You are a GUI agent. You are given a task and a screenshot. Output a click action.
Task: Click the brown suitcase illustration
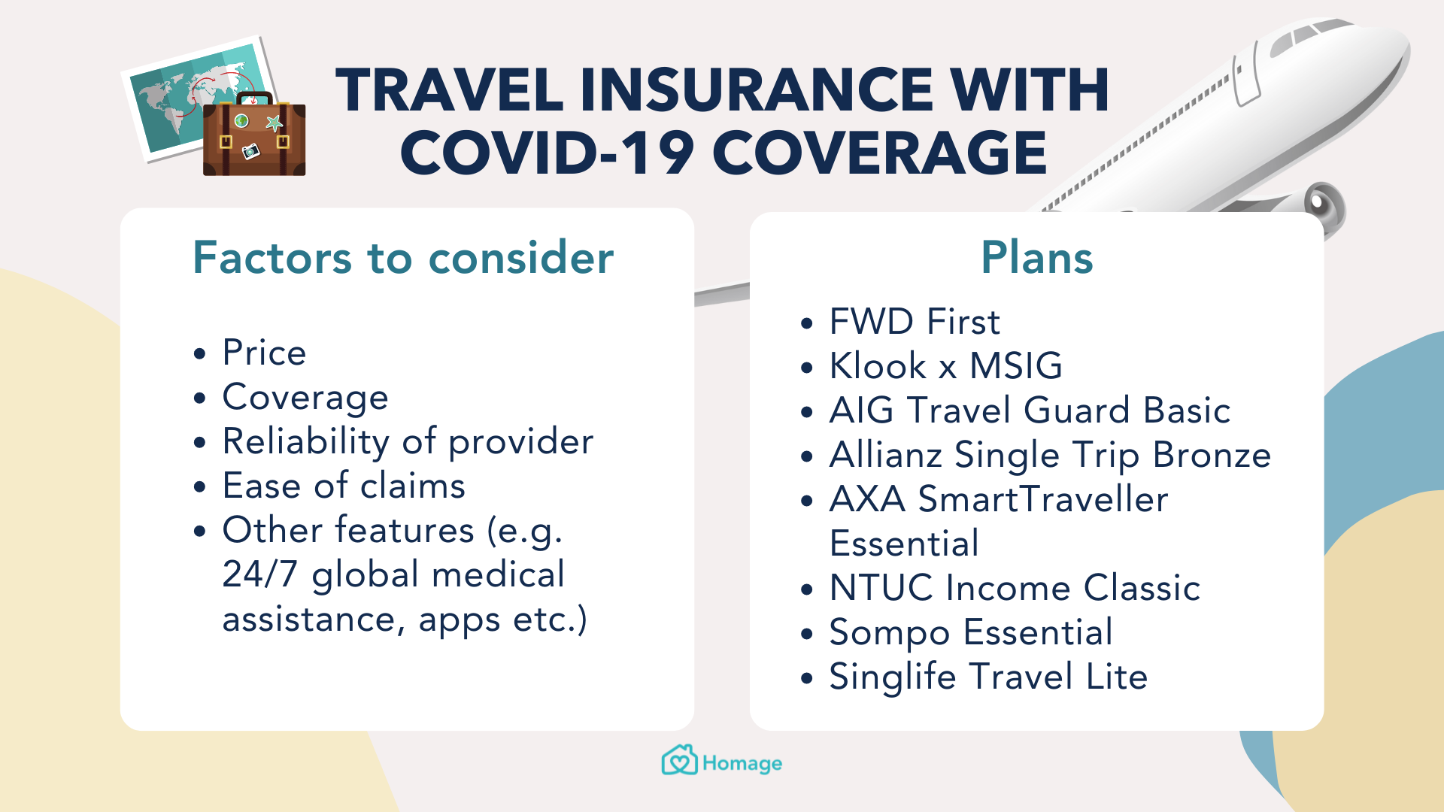[254, 135]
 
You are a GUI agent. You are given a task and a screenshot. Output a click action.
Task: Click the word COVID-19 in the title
[547, 153]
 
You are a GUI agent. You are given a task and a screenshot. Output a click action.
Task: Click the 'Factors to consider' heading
[403, 258]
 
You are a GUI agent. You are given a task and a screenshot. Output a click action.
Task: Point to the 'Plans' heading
[1036, 257]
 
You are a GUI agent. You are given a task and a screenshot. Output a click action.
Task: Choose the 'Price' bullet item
[264, 353]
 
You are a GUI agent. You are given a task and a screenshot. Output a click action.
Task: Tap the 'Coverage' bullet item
[305, 398]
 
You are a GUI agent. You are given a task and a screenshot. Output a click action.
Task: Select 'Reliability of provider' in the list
[408, 442]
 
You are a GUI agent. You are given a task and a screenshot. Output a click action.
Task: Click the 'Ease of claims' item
[344, 486]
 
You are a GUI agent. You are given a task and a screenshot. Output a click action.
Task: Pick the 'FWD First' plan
[915, 322]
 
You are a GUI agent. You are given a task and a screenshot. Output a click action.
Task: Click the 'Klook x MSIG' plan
[945, 366]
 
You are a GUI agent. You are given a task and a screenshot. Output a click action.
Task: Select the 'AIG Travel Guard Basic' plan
[1030, 411]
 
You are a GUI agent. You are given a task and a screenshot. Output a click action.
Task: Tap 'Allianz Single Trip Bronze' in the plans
[1050, 456]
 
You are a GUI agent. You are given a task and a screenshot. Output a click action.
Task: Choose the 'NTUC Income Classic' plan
[1015, 588]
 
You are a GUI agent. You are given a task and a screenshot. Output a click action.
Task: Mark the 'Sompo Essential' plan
[970, 633]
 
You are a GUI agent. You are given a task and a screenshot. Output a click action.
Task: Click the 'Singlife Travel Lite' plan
[988, 677]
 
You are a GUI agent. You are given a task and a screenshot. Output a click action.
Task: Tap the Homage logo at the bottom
[722, 761]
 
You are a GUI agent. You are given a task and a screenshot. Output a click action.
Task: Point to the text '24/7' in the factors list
[259, 574]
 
